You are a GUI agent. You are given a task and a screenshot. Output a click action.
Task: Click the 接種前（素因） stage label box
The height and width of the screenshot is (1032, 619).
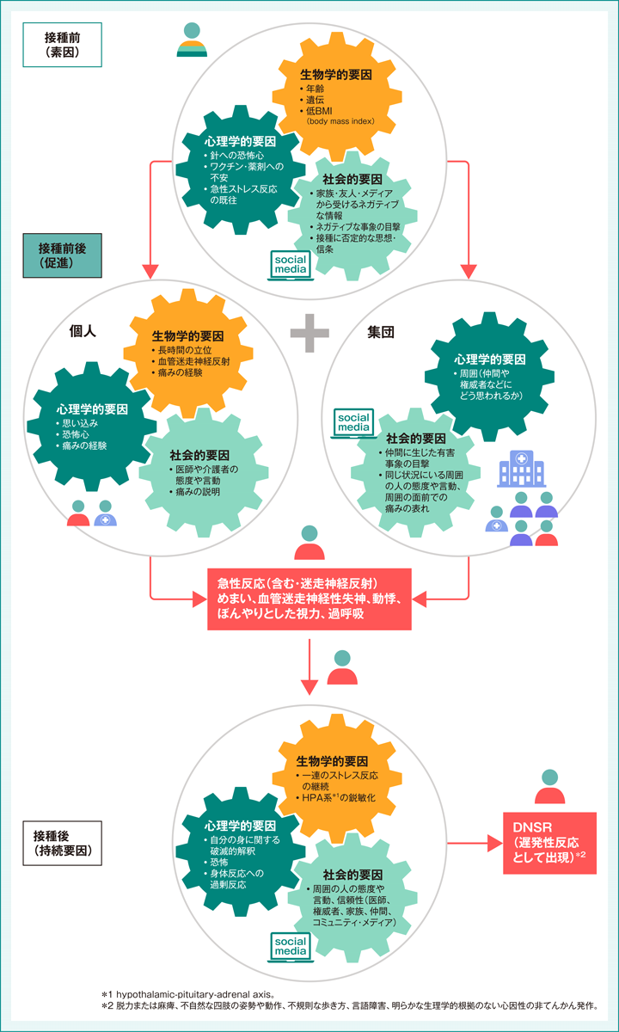63,44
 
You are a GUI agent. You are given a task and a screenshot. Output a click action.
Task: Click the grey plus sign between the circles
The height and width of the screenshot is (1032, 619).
309,332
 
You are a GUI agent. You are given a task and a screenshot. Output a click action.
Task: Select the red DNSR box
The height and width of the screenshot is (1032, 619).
550,843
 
